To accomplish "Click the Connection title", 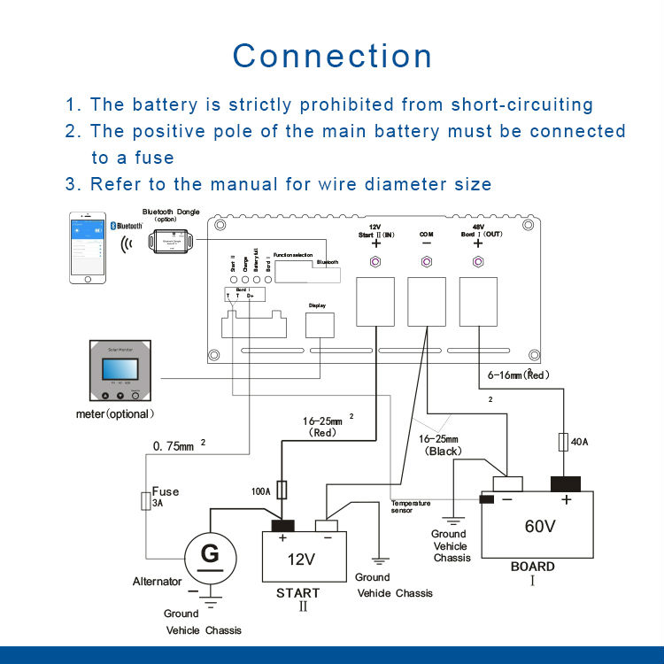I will point(332,56).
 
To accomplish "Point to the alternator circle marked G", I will point(210,558).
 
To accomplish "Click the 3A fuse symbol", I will point(146,503).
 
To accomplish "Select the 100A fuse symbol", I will point(282,489).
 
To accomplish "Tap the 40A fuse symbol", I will point(564,440).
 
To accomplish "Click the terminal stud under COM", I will point(427,262).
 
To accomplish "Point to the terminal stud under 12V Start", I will point(375,262).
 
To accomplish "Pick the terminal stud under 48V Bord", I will point(479,262).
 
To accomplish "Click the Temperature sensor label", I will point(411,506).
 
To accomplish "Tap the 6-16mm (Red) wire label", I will point(520,374).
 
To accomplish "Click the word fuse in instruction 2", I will point(151,158).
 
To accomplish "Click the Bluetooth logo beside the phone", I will point(114,227).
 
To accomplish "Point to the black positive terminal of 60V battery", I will point(565,483).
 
